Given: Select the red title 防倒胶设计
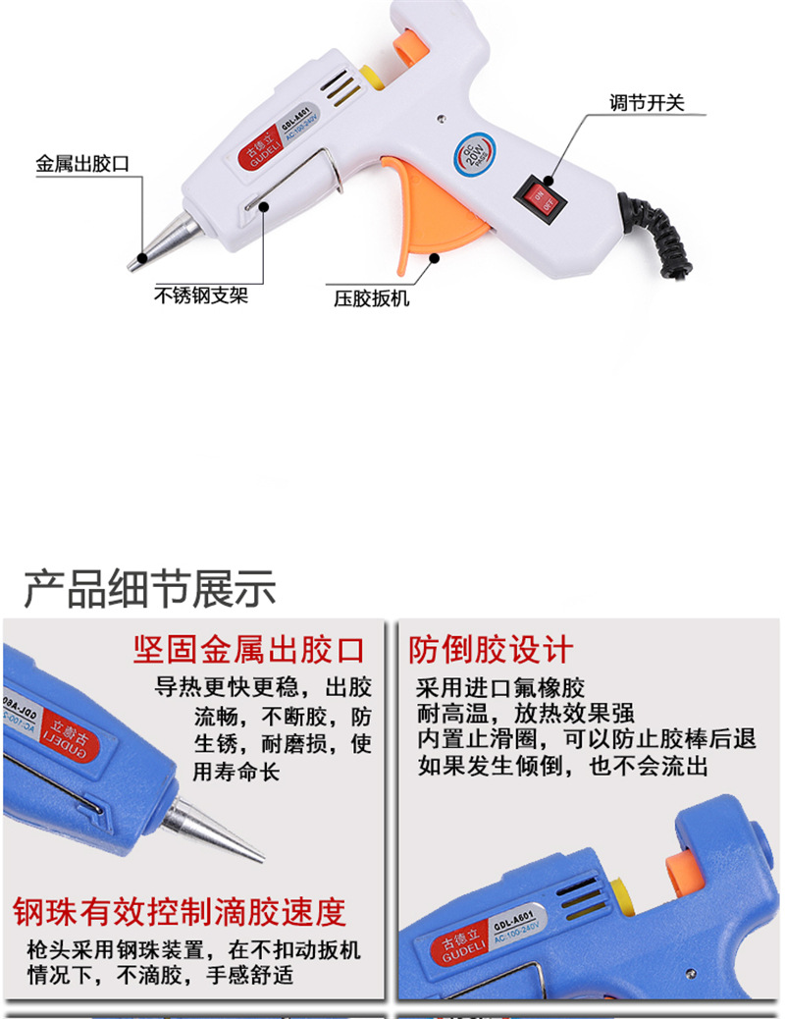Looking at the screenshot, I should tap(491, 649).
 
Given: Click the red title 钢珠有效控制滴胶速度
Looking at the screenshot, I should tap(180, 912).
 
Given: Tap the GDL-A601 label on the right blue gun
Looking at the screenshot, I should tap(529, 921).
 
